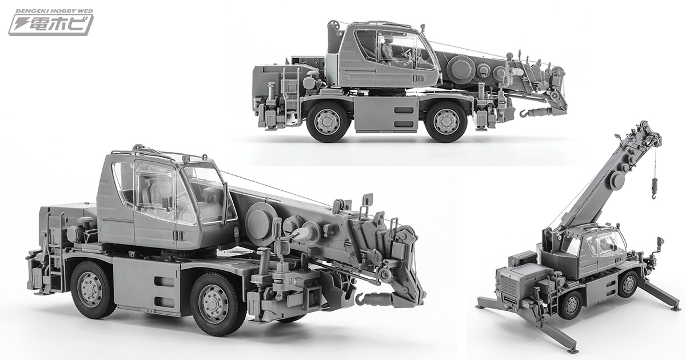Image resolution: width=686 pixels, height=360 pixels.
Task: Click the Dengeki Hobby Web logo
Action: click(x=50, y=22)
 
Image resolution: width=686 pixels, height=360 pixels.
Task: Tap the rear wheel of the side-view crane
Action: click(x=328, y=121)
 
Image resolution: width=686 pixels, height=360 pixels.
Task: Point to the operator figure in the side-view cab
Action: click(x=388, y=49)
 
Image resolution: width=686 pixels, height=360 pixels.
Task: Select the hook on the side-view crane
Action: click(x=525, y=113)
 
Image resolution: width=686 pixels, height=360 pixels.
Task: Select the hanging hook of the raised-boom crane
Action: click(x=655, y=186)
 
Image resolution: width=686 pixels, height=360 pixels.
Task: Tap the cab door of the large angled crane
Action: click(x=154, y=211)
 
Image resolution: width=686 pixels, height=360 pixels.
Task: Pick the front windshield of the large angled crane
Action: click(x=207, y=191)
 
